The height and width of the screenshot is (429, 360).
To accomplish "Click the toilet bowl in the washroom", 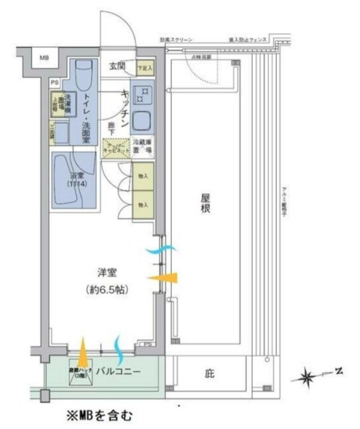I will coord(83,76).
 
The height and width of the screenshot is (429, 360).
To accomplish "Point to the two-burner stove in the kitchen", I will coord(142,95).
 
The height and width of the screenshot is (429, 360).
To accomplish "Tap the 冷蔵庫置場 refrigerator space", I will coord(143,145).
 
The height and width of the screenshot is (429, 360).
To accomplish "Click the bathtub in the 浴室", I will coord(74,179).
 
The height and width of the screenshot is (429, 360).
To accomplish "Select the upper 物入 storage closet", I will coord(143,176).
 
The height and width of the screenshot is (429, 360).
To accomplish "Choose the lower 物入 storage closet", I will coord(143,205).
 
